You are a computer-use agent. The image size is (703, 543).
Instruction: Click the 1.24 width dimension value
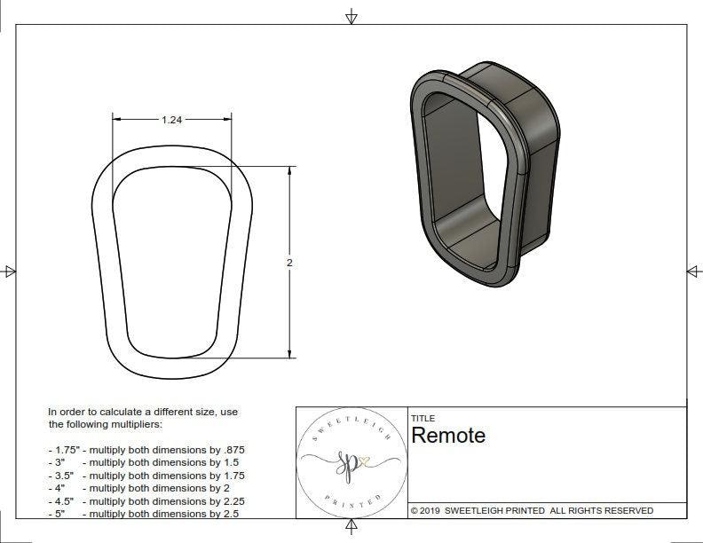coord(171,120)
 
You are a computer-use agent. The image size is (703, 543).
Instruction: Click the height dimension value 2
coord(290,263)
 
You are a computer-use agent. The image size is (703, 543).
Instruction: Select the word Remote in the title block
coord(448,436)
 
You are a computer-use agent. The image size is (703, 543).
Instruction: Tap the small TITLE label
coord(423,419)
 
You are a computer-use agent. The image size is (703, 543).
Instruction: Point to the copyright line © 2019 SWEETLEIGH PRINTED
coord(532,510)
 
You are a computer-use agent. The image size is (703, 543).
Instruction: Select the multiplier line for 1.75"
coord(146,450)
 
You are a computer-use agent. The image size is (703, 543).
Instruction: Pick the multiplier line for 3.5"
coord(146,476)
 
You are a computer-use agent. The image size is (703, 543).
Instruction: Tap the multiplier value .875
coord(232,450)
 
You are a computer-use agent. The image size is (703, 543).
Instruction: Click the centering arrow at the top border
coord(351,16)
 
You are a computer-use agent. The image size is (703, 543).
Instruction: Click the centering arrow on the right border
coord(693,271)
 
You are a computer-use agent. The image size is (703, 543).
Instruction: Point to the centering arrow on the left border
coord(9,271)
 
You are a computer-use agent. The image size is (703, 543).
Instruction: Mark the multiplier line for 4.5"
coord(146,500)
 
